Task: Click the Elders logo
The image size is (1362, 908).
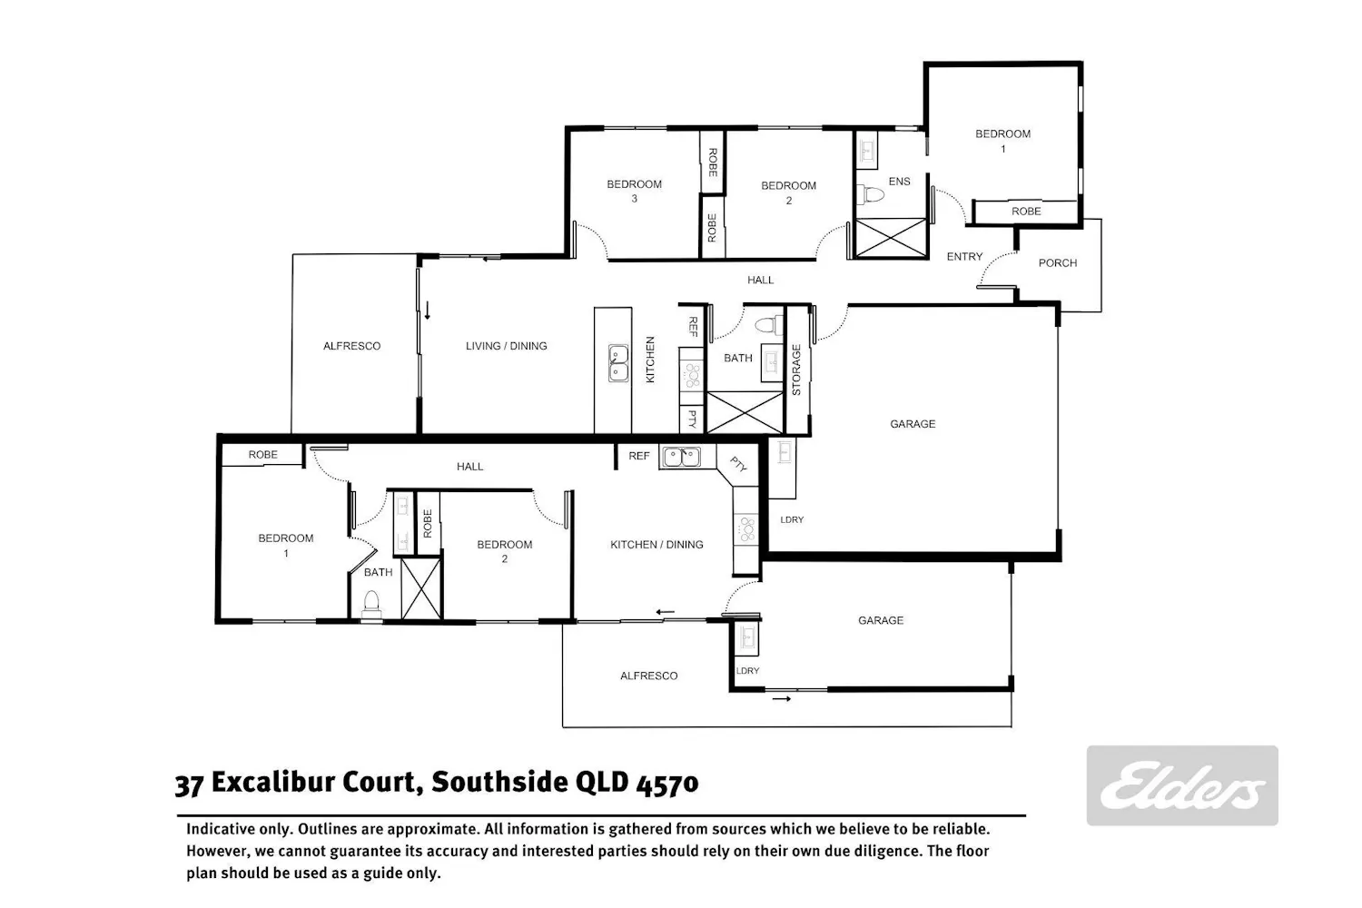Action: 1182,785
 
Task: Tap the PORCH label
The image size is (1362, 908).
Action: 1058,262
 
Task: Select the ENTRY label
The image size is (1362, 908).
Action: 964,257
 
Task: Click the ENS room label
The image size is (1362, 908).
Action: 899,182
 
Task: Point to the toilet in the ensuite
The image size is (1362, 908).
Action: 870,194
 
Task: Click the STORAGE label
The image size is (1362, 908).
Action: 796,370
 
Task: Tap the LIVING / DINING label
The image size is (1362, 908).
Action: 507,346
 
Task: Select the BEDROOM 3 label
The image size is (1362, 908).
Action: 634,191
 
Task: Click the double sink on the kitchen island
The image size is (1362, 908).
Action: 618,363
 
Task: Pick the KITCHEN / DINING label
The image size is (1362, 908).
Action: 656,544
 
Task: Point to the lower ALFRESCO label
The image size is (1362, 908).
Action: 649,676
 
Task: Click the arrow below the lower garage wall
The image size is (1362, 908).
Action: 781,699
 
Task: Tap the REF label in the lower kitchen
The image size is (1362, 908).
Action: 639,456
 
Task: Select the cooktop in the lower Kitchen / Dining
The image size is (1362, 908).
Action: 746,529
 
